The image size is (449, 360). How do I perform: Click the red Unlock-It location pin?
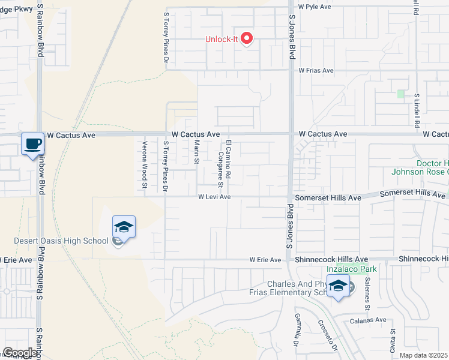(247, 38)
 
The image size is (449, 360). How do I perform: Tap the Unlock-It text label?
(222, 40)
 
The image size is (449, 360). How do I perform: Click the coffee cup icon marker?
(32, 144)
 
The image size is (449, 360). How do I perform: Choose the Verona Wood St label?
(144, 166)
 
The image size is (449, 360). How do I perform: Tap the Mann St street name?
(196, 152)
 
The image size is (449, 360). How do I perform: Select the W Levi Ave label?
(214, 197)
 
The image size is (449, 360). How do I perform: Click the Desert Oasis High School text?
(61, 241)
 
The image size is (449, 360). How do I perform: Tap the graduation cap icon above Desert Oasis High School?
(124, 227)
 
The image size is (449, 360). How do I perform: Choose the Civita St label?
(394, 343)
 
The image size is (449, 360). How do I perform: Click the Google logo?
(20, 353)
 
